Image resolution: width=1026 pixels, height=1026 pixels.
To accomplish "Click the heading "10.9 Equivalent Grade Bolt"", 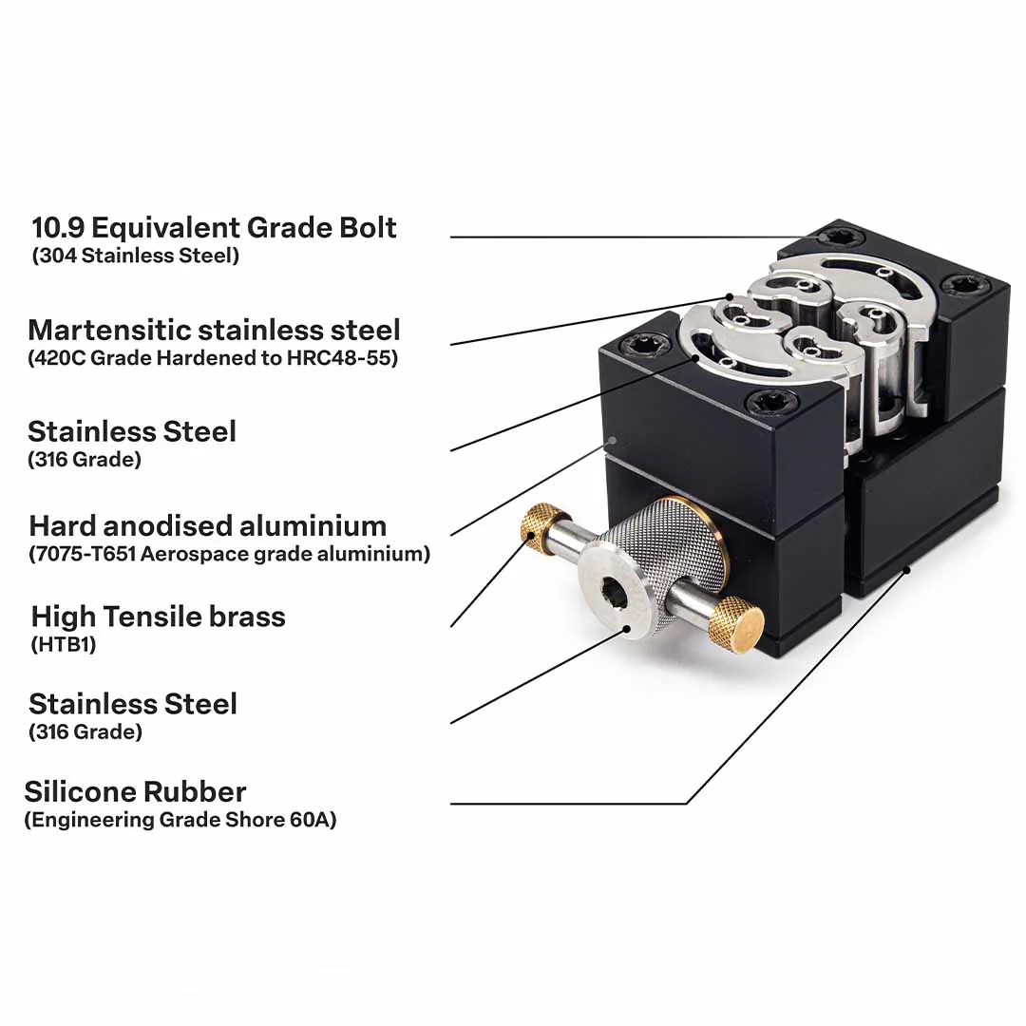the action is (x=214, y=228).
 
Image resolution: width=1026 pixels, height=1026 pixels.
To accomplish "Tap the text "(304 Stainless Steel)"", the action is (x=136, y=256).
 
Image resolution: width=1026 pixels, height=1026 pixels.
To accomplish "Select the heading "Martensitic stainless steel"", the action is (x=214, y=330).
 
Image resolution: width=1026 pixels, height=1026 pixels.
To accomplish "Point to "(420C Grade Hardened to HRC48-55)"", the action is (x=213, y=358).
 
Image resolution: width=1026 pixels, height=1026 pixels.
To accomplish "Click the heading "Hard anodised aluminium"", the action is (x=207, y=525).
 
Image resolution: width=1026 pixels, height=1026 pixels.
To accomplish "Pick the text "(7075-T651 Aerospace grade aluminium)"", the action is (x=230, y=554).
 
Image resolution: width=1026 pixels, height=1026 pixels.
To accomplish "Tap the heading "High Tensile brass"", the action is (x=159, y=617).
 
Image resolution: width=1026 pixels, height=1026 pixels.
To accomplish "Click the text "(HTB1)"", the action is (x=64, y=644).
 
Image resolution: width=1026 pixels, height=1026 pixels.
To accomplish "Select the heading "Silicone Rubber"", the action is (x=136, y=791).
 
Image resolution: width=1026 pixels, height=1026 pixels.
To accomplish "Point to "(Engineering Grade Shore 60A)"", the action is (x=180, y=820).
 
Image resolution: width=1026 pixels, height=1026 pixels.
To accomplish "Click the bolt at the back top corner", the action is (x=837, y=237).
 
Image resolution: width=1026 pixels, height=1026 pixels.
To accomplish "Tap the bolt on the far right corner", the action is (x=959, y=286).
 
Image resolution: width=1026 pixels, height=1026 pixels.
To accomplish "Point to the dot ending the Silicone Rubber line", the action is (x=907, y=570).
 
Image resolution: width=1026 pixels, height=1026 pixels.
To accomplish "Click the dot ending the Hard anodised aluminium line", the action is (x=613, y=441).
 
